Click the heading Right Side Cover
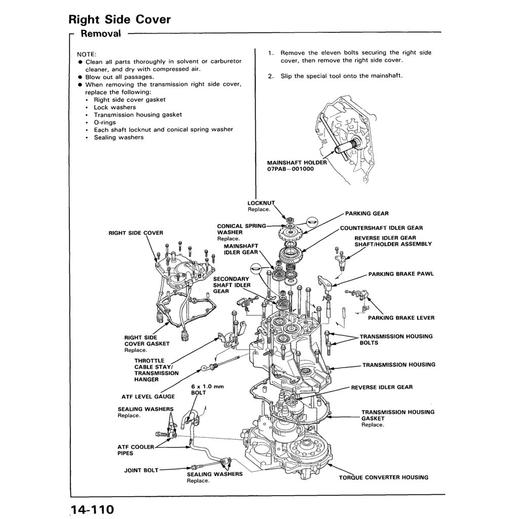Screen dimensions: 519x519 click(120, 20)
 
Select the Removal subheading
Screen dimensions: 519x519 click(101, 34)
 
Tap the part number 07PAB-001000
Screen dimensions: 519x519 click(290, 169)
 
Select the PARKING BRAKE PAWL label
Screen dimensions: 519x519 click(401, 274)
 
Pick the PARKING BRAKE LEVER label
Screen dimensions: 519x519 click(401, 318)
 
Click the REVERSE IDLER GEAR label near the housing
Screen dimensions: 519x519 click(382, 387)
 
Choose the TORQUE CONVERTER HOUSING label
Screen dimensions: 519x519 click(384, 477)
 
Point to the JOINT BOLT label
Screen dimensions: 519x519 click(141, 470)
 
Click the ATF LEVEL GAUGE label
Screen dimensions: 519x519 click(148, 396)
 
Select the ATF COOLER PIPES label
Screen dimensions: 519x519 click(135, 450)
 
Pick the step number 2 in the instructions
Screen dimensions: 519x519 click(271, 76)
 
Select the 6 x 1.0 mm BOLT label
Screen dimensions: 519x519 click(207, 389)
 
